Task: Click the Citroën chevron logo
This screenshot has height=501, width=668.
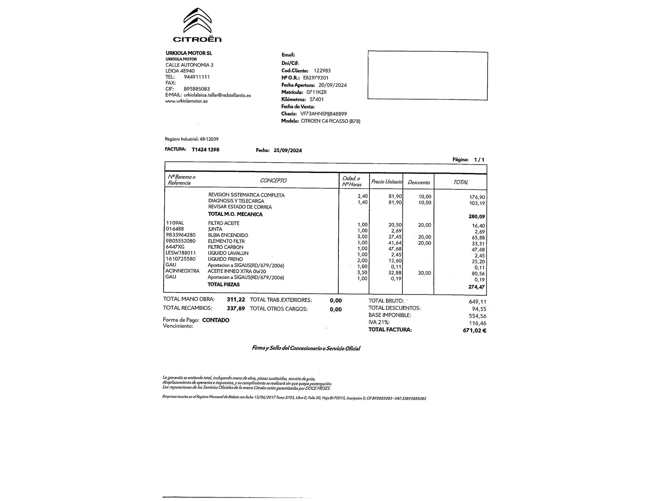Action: click(x=197, y=20)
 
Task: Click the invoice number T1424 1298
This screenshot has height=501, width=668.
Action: click(x=205, y=150)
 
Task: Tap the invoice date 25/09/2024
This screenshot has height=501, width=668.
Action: click(x=288, y=150)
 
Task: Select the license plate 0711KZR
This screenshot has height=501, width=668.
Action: click(x=316, y=92)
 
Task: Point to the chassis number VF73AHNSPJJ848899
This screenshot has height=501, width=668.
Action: click(x=324, y=114)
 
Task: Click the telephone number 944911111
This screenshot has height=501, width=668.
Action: click(x=197, y=77)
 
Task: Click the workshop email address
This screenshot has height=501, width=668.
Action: click(x=217, y=95)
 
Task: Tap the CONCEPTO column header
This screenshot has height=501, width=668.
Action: click(x=273, y=181)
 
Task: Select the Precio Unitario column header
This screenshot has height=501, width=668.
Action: click(x=386, y=182)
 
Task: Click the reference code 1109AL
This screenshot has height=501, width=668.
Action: click(x=175, y=223)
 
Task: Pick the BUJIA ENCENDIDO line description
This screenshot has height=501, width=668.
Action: click(x=228, y=235)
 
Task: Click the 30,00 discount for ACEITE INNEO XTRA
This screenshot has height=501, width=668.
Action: click(x=424, y=273)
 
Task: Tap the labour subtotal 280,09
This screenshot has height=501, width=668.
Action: click(x=477, y=216)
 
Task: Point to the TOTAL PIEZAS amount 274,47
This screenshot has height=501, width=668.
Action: click(x=477, y=287)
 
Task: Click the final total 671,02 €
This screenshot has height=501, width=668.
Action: click(x=474, y=331)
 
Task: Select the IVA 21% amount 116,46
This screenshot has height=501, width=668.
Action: click(x=478, y=323)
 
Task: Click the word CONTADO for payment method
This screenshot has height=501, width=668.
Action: click(x=216, y=320)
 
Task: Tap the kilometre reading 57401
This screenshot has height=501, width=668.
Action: click(x=317, y=100)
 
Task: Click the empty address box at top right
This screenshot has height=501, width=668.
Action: click(x=428, y=75)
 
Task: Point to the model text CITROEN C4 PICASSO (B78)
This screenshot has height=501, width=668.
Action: click(x=330, y=121)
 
